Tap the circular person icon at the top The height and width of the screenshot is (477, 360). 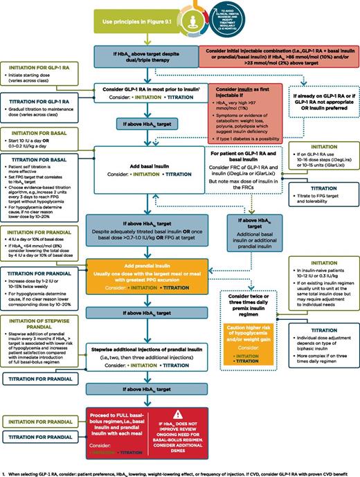[x=179, y=14]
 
